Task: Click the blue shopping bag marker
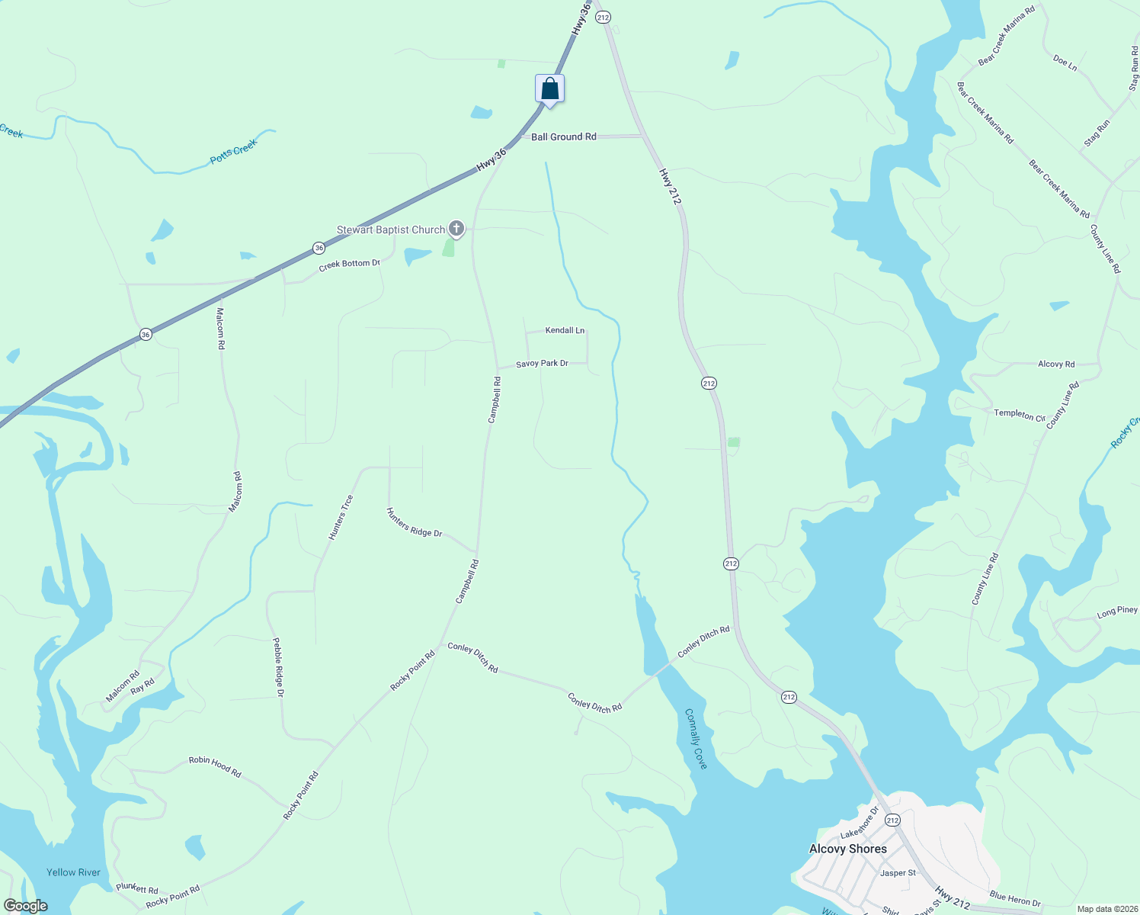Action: (549, 90)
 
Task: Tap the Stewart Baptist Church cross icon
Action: (456, 228)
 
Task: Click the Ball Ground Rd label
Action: (563, 137)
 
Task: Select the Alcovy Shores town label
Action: (847, 849)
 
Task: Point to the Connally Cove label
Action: (696, 738)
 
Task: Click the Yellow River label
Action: (73, 872)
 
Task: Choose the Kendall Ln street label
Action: (565, 330)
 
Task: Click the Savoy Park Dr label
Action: (542, 364)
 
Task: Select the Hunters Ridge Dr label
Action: (414, 522)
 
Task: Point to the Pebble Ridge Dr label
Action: (278, 667)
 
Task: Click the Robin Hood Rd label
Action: (215, 766)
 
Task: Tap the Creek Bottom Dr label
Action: (349, 265)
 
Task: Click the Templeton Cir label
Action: (1020, 414)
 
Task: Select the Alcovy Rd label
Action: (1056, 364)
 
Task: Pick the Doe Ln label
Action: (1065, 63)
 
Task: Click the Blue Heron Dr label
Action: (1014, 899)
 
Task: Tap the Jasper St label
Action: (898, 873)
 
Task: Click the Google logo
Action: (25, 906)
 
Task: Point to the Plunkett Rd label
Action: (137, 888)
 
